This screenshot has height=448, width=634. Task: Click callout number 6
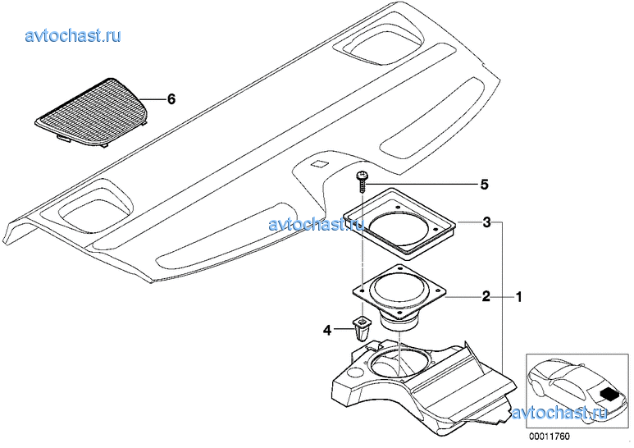[x=171, y=99]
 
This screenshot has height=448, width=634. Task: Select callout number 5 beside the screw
[x=484, y=185]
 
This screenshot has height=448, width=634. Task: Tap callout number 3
[x=487, y=222]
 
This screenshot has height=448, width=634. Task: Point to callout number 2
[x=486, y=297]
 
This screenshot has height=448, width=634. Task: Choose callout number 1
[x=518, y=298]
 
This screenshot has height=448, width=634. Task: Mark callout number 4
[x=327, y=331]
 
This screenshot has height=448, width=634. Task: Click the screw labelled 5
[x=362, y=182]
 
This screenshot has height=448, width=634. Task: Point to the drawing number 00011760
[x=549, y=437]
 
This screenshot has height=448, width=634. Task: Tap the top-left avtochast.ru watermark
[x=73, y=36]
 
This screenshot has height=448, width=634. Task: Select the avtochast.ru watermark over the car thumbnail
[x=559, y=413]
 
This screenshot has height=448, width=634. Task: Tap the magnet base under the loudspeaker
[x=399, y=322]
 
